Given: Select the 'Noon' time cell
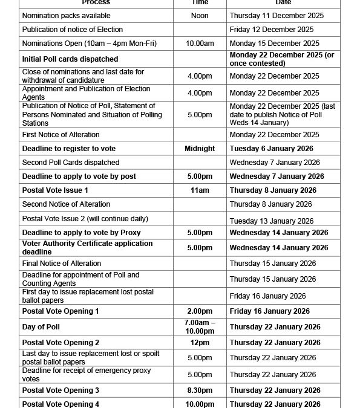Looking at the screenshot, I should pyautogui.click(x=200, y=15).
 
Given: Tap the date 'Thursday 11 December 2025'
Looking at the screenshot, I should pyautogui.click(x=277, y=15).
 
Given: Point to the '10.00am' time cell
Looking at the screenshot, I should pyautogui.click(x=200, y=44).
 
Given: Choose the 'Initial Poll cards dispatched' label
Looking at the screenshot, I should pyautogui.click(x=70, y=59).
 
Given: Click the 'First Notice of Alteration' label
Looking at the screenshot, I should pyautogui.click(x=61, y=135).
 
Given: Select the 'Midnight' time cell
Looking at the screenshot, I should pyautogui.click(x=200, y=149).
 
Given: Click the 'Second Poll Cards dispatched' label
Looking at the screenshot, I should pyautogui.click(x=71, y=163).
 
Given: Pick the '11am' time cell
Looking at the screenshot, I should pyautogui.click(x=200, y=190).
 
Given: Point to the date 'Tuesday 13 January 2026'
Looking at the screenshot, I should pyautogui.click(x=272, y=221).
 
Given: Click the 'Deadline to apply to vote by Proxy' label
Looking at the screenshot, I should pyautogui.click(x=82, y=233).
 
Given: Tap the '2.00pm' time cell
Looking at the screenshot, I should pyautogui.click(x=200, y=311).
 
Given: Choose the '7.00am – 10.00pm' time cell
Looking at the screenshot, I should pyautogui.click(x=200, y=327).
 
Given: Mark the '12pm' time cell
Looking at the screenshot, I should pyautogui.click(x=200, y=343).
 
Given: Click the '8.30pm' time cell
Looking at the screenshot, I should pyautogui.click(x=200, y=390).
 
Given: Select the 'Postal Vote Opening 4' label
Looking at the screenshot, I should pyautogui.click(x=61, y=404).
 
